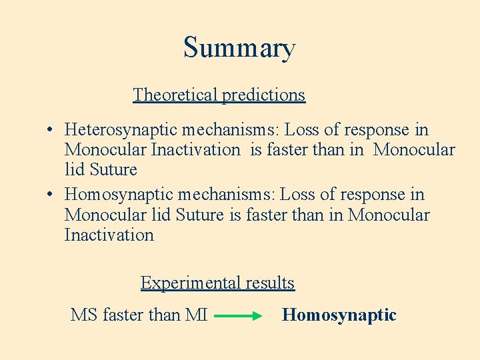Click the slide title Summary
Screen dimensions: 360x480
point(239,49)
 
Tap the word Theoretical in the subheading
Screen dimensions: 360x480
point(175,95)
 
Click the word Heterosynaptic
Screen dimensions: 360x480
point(121,129)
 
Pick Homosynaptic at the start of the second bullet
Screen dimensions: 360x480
point(118,195)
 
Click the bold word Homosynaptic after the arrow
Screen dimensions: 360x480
point(339,315)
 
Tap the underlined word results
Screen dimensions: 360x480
point(270,283)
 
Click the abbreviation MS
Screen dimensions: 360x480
point(84,315)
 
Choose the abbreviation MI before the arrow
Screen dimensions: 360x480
point(197,315)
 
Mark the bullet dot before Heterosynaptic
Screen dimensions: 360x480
point(51,130)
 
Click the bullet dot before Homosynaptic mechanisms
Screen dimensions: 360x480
point(51,195)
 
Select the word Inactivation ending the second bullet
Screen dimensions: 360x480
point(109,235)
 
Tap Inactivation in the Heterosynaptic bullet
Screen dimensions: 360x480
point(195,149)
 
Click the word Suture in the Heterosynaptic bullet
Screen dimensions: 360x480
point(113,169)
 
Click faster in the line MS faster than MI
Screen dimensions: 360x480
point(129,315)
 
